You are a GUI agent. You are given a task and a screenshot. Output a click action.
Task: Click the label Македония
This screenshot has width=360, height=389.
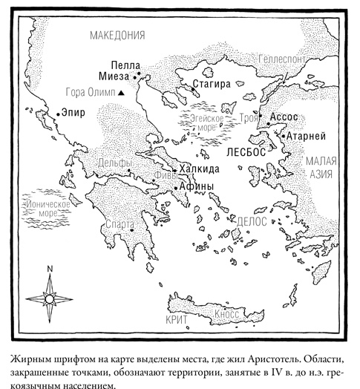[117, 35]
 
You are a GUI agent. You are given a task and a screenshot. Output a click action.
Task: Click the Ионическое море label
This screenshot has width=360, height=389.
[48, 208]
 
